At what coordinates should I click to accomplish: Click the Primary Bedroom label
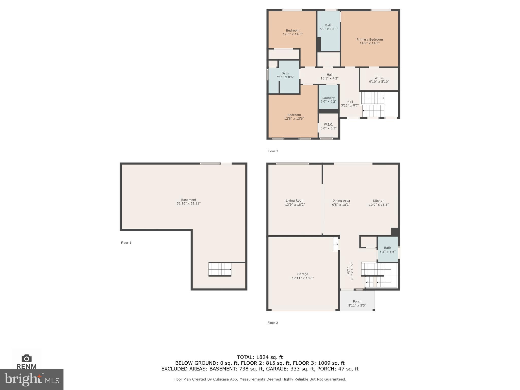point(369,40)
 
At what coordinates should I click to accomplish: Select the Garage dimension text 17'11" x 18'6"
point(303,278)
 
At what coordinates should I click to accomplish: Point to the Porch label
point(357,302)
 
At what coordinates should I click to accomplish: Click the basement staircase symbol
point(220,269)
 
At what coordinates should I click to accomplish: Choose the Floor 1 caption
point(126,243)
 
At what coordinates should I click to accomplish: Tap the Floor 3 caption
point(273,151)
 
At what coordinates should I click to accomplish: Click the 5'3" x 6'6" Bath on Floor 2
point(387,250)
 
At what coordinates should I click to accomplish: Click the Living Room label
point(295,201)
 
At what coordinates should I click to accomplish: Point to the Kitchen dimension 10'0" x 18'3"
point(379,205)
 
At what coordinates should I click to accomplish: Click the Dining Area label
point(341,201)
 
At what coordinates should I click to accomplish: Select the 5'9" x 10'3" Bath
point(329,27)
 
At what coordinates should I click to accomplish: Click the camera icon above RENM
point(27,358)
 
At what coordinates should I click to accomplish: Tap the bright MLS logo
point(32,379)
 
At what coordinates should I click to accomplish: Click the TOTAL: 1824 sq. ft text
point(260,357)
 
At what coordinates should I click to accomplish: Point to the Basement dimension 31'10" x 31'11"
point(188,203)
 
